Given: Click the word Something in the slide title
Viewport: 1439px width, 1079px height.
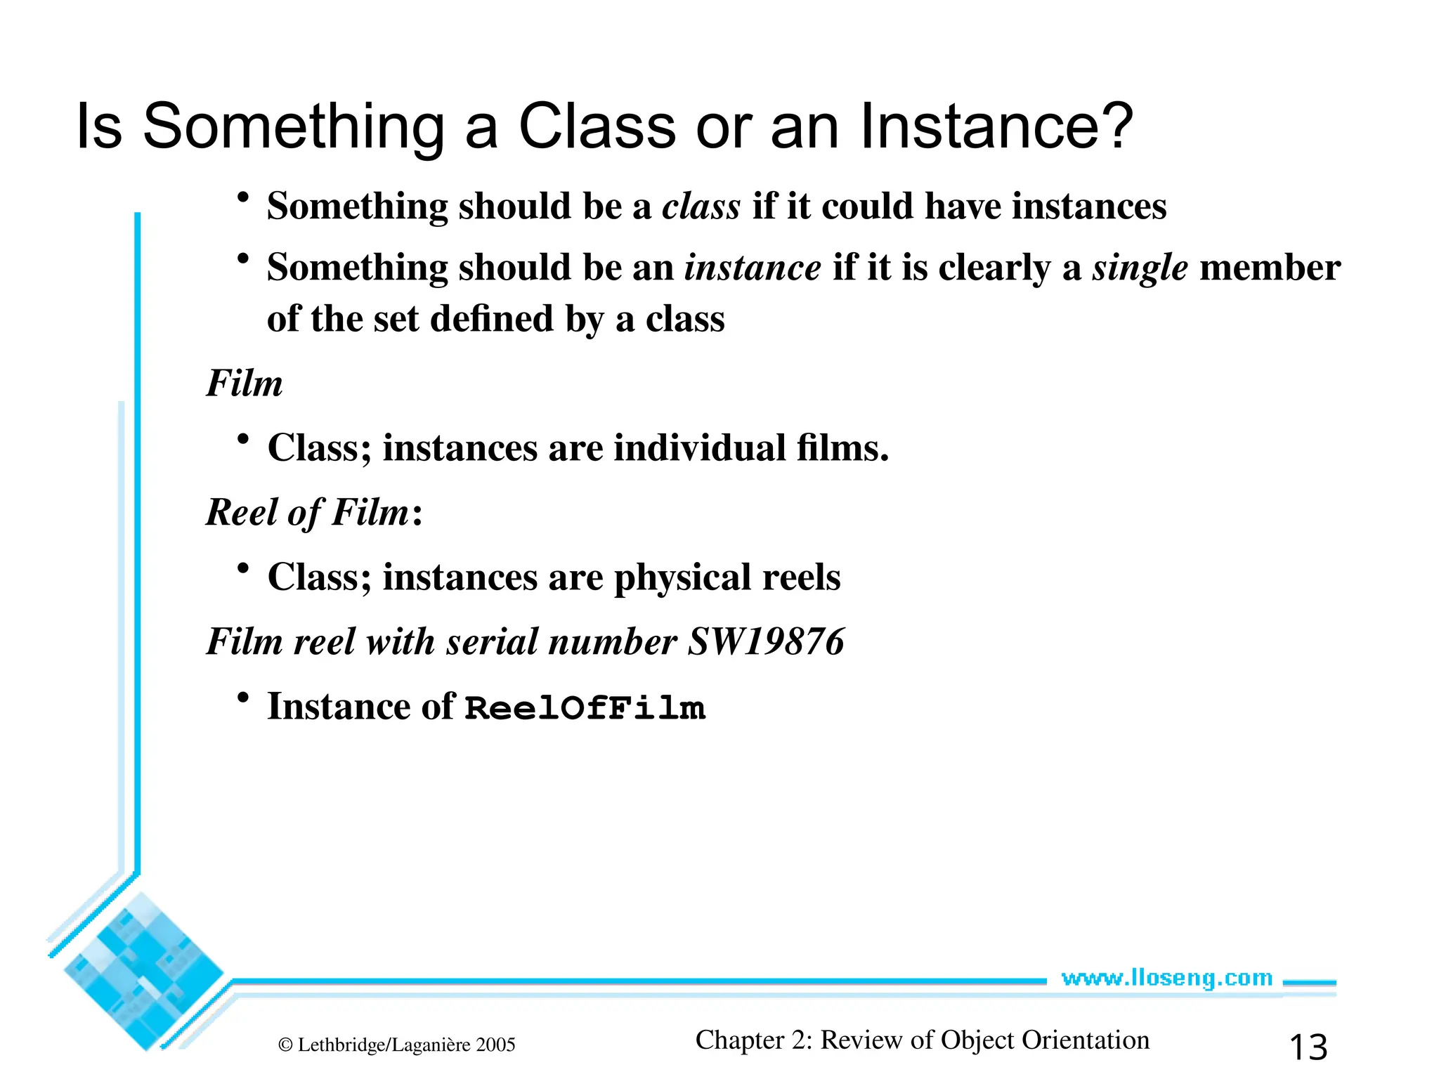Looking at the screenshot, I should tap(294, 127).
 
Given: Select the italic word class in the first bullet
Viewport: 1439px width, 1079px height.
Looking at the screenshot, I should tap(701, 207).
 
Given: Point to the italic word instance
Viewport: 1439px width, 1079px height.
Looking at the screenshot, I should tap(753, 268).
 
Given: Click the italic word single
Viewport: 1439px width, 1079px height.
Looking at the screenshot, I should tap(1139, 268).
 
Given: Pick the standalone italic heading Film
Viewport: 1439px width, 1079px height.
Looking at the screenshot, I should tap(244, 384).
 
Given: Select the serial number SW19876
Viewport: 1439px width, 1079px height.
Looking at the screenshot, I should tap(765, 641).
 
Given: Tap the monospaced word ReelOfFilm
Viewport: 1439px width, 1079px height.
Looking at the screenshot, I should tap(585, 707).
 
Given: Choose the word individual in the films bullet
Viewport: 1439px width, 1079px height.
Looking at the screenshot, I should tap(699, 448).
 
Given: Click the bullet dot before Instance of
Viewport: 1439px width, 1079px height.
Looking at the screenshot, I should tap(243, 698).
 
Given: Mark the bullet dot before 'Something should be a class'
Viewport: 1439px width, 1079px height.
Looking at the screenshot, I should tap(243, 197).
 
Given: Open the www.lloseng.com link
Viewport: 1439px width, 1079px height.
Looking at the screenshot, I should tap(1166, 978).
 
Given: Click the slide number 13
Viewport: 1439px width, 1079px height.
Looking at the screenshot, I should tap(1308, 1047).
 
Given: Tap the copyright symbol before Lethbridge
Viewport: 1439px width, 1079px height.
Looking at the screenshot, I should tap(285, 1045).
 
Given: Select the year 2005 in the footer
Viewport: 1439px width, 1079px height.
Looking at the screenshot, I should tap(495, 1045).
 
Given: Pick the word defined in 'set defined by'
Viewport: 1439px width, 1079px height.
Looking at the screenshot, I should tap(492, 319).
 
